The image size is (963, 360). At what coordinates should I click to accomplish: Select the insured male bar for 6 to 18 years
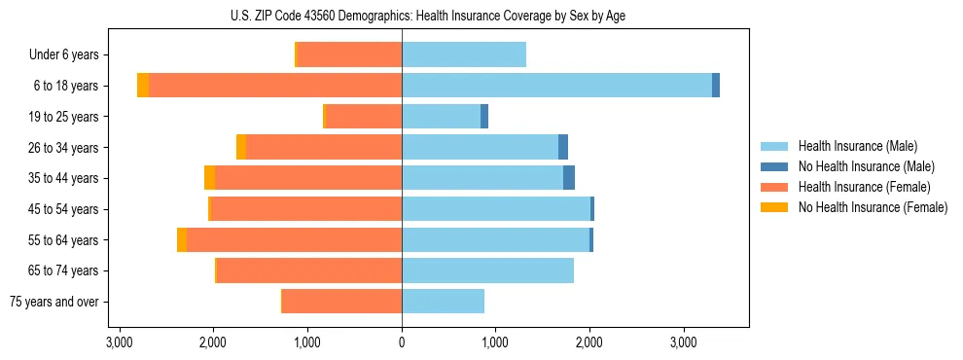(x=556, y=86)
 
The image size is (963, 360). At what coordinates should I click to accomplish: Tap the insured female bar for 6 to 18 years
(x=275, y=86)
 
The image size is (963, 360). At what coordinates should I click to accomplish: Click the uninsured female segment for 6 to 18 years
(x=143, y=86)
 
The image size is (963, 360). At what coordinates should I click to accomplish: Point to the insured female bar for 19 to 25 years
(x=363, y=117)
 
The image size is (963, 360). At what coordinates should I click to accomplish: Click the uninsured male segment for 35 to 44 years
(x=569, y=178)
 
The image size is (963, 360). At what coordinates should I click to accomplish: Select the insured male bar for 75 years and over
(x=443, y=302)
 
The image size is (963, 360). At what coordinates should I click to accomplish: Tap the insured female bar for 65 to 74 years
(x=309, y=270)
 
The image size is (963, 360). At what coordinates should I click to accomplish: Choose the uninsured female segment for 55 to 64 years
(x=182, y=240)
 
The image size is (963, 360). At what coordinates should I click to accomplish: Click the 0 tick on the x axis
(x=402, y=343)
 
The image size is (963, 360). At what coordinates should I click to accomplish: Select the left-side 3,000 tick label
(x=119, y=343)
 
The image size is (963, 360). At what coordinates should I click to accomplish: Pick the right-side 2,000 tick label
(x=589, y=343)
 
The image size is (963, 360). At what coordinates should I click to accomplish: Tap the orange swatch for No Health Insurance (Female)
(x=774, y=207)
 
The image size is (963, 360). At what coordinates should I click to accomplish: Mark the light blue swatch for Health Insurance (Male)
(x=774, y=146)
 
